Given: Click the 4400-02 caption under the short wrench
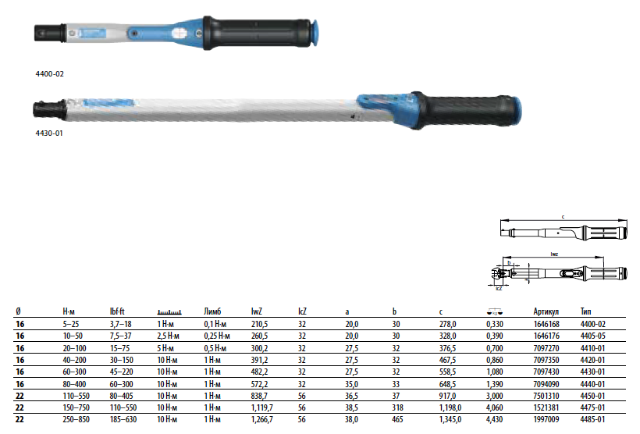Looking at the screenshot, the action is click(49, 74).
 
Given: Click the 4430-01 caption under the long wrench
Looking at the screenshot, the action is click(49, 133).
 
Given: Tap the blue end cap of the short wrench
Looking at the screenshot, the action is click(315, 33).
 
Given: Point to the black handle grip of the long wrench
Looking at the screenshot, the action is click(465, 110).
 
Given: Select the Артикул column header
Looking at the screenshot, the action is click(546, 311).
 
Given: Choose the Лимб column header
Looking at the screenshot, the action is click(212, 311).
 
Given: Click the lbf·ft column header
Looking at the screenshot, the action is click(117, 311).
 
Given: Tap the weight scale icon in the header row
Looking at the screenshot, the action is click(495, 312).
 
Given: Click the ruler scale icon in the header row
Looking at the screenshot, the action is click(169, 312).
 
